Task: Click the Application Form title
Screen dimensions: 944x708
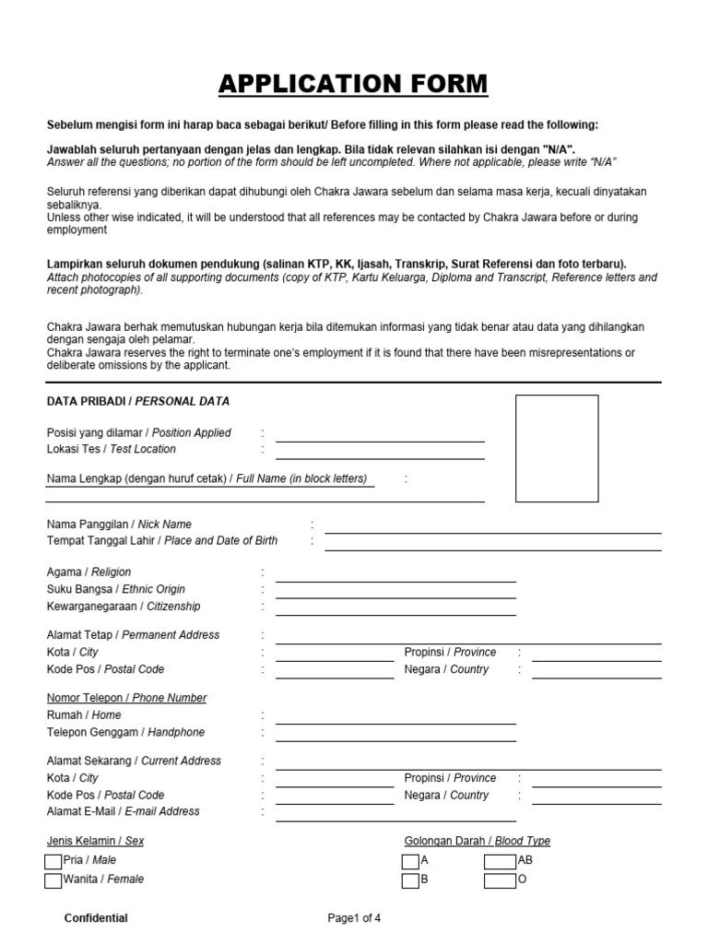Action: (353, 84)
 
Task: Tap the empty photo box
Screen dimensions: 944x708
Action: (556, 448)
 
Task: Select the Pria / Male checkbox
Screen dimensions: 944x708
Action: (53, 861)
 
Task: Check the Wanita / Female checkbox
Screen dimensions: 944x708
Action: (53, 880)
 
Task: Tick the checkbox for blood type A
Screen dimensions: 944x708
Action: (410, 861)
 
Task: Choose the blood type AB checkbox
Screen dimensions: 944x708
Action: (500, 861)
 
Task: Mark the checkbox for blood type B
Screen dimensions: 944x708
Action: (410, 880)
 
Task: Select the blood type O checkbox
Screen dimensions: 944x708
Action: (500, 880)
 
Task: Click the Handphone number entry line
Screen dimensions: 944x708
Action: (395, 735)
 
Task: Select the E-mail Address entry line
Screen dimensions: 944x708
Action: (395, 814)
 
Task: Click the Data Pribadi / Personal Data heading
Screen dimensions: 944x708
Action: (138, 401)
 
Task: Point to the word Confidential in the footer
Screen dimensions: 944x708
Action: (96, 918)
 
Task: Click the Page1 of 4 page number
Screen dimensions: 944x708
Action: (354, 918)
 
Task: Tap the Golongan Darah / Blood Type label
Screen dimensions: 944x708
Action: (477, 841)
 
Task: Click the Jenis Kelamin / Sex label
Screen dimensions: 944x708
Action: (95, 841)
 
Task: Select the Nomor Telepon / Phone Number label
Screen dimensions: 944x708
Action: (126, 698)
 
